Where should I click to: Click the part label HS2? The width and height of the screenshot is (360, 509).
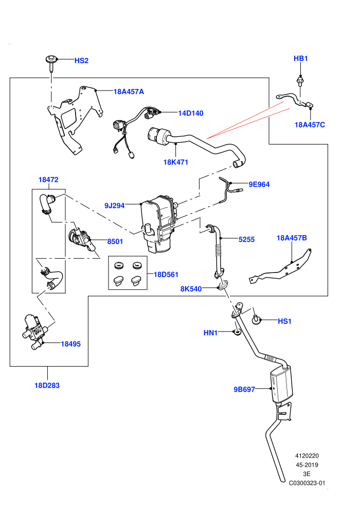[x=81, y=61]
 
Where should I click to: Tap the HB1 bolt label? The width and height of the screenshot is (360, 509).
[x=300, y=59]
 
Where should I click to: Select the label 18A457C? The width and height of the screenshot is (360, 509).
[x=310, y=124]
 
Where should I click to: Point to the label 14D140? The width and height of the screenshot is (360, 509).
[x=191, y=113]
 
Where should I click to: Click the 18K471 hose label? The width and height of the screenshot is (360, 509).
[x=175, y=162]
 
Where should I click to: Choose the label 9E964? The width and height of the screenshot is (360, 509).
[x=259, y=185]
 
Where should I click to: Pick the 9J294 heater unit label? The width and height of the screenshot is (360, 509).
[x=115, y=206]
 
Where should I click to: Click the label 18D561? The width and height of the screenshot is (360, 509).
[x=166, y=275]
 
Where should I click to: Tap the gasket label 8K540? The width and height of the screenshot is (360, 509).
[x=191, y=288]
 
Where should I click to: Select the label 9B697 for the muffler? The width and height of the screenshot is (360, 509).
[x=244, y=389]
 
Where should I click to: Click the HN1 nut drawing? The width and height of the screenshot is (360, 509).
[x=237, y=333]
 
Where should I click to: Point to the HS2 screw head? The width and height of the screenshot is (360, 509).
[x=51, y=60]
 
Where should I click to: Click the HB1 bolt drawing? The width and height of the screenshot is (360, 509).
[x=300, y=81]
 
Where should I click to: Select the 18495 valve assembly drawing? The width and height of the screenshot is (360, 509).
[x=33, y=332]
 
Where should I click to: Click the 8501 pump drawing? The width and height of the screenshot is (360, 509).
[x=81, y=240]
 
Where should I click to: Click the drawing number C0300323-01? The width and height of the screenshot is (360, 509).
[x=307, y=483]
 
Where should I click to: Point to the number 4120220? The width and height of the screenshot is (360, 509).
[x=307, y=456]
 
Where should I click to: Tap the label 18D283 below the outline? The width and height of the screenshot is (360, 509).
[x=47, y=385]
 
